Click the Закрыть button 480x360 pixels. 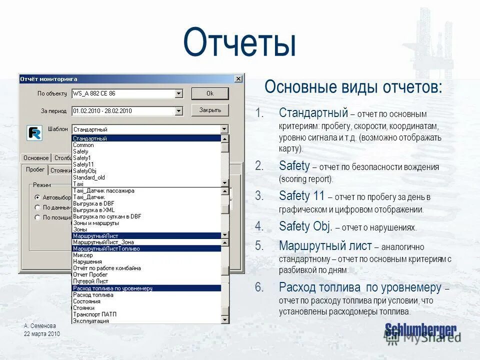click(210, 110)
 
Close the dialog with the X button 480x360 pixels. click(238, 79)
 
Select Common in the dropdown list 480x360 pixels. click(83, 145)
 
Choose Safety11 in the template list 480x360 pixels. click(83, 164)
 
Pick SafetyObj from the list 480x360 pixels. click(84, 171)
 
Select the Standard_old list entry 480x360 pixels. click(89, 177)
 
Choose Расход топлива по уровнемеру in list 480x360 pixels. click(112, 288)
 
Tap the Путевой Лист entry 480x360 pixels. click(90, 281)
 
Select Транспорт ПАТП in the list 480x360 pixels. click(95, 314)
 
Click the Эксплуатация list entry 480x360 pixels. click(90, 321)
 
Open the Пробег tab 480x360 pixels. click(35, 169)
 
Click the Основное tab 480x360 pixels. click(36, 158)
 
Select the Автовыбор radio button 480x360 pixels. click(37, 197)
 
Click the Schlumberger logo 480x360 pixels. click(420, 329)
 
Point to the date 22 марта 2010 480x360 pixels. click(42, 333)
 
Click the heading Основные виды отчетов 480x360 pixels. click(353, 86)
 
